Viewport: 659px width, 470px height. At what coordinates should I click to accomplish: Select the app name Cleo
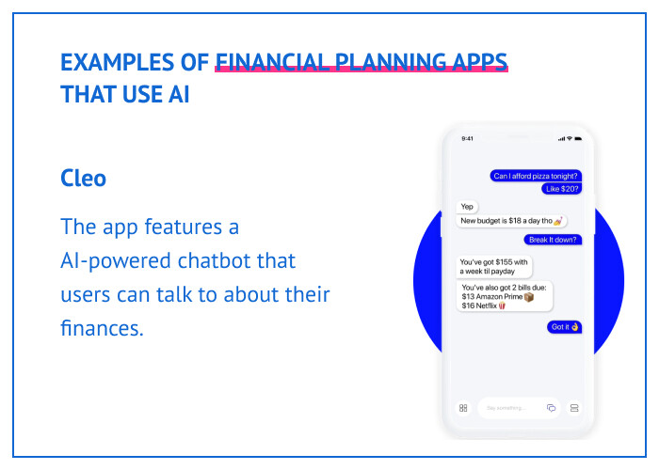pyautogui.click(x=83, y=178)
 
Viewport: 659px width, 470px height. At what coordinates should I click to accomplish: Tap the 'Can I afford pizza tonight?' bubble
pyautogui.click(x=537, y=176)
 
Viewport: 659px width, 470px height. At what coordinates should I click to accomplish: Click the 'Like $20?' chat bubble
pyautogui.click(x=563, y=189)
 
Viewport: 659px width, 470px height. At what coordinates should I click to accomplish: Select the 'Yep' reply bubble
pyautogui.click(x=467, y=207)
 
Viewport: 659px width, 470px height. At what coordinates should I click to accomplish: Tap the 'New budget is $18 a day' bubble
pyautogui.click(x=511, y=221)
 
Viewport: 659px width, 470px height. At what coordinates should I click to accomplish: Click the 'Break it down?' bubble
pyautogui.click(x=554, y=239)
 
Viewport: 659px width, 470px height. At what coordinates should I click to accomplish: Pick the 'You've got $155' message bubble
pyautogui.click(x=494, y=267)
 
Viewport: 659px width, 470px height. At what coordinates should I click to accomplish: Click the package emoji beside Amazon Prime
pyautogui.click(x=529, y=297)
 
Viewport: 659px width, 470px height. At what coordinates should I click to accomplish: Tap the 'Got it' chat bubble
pyautogui.click(x=564, y=327)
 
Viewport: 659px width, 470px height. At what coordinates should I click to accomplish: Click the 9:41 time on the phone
pyautogui.click(x=468, y=138)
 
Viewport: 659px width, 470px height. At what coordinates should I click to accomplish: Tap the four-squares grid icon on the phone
pyautogui.click(x=463, y=408)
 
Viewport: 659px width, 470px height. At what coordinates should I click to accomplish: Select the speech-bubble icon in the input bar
pyautogui.click(x=552, y=408)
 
